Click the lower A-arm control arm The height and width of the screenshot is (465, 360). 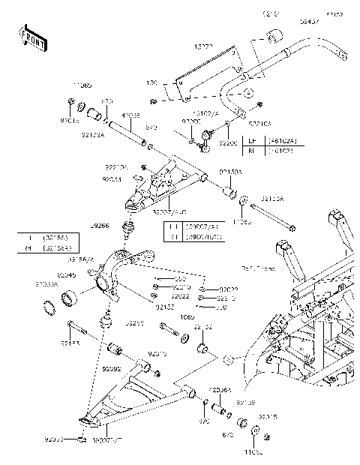135,394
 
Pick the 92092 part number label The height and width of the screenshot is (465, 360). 111,369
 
